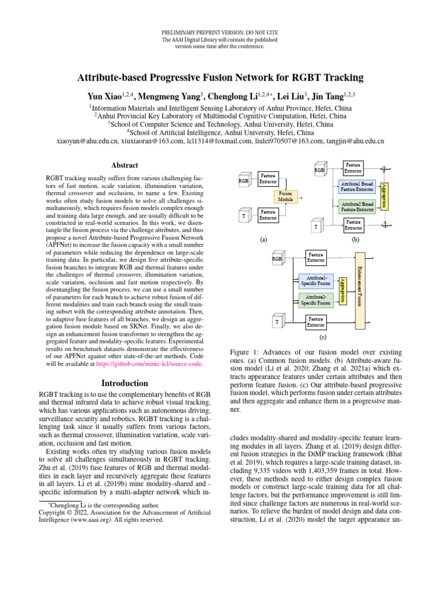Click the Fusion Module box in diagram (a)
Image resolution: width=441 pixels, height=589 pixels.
pyautogui.click(x=286, y=197)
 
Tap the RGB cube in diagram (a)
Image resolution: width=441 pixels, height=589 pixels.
pyautogui.click(x=243, y=181)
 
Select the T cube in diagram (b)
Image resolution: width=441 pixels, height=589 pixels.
pyautogui.click(x=316, y=227)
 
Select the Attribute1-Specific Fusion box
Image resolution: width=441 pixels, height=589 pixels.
pyautogui.click(x=316, y=280)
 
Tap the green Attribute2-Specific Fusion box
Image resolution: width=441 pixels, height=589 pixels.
pyautogui.click(x=316, y=300)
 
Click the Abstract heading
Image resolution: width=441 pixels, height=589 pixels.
pyautogui.click(x=124, y=165)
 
